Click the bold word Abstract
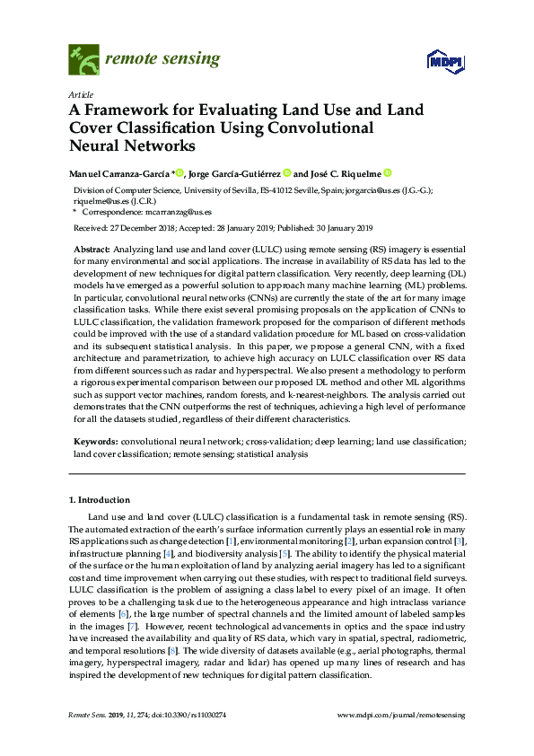[x=92, y=247]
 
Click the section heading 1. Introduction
[x=100, y=500]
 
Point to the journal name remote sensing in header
[x=162, y=59]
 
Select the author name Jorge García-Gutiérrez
[x=236, y=173]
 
